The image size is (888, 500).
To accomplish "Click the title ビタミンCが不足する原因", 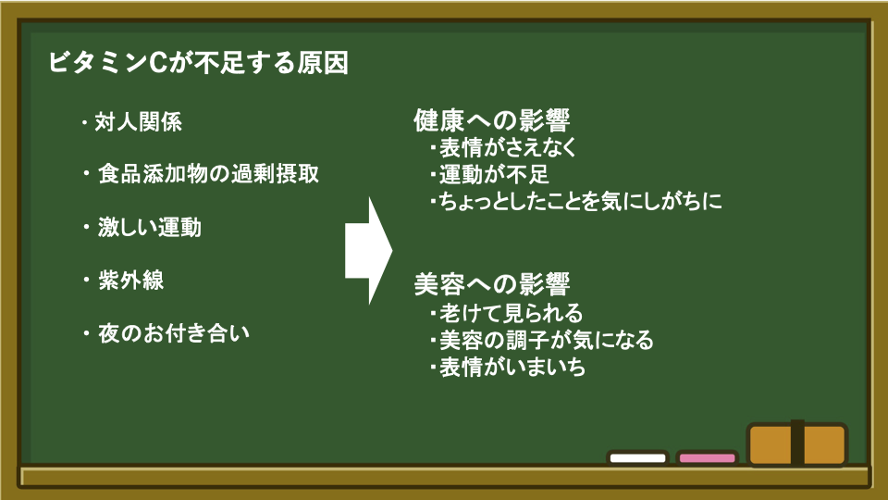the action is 198,62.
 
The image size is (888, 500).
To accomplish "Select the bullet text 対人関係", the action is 138,122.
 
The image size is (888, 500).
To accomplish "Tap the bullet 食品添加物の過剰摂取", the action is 208,173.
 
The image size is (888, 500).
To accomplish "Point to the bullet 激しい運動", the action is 150,227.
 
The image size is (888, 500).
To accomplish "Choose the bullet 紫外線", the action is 130,280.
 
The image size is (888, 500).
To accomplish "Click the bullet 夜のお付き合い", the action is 174,332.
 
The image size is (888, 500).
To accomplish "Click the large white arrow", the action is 369,251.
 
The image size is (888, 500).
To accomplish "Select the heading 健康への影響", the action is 491,120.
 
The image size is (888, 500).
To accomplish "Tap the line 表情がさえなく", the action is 508,147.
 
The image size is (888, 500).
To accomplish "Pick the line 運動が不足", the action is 494,174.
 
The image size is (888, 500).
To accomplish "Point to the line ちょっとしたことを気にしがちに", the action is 581,201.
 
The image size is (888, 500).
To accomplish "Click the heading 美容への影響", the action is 491,284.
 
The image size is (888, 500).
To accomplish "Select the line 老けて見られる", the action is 512,312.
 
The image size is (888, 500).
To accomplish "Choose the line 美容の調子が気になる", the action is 547,340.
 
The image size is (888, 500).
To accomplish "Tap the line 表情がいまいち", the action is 512,367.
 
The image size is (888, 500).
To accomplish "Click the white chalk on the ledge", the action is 637,458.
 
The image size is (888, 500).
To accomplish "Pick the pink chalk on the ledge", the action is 707,458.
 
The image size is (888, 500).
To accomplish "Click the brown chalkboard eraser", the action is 797,444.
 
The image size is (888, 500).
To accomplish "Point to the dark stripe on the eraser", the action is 797,444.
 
